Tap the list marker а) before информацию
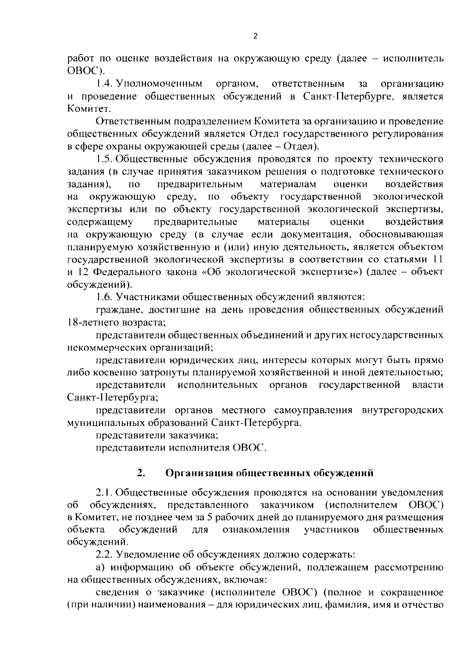click(101, 567)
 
